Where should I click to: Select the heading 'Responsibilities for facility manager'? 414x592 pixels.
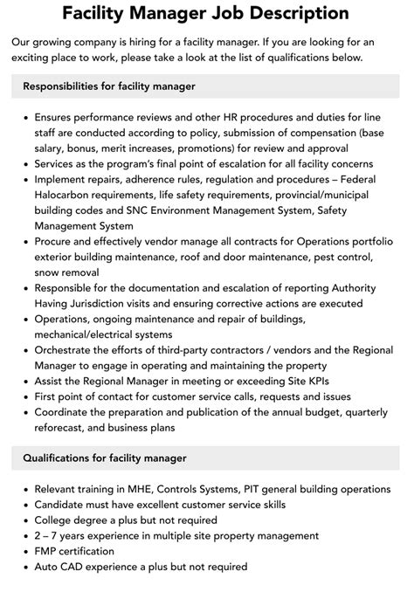[109, 86]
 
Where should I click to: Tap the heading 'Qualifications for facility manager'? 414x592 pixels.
[105, 458]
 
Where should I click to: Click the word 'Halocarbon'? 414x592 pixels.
[66, 193]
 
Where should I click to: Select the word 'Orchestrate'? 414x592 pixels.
[69, 349]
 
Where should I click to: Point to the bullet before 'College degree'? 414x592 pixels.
[26, 520]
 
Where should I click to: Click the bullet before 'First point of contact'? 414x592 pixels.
[26, 396]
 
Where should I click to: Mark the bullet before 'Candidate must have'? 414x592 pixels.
[26, 505]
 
